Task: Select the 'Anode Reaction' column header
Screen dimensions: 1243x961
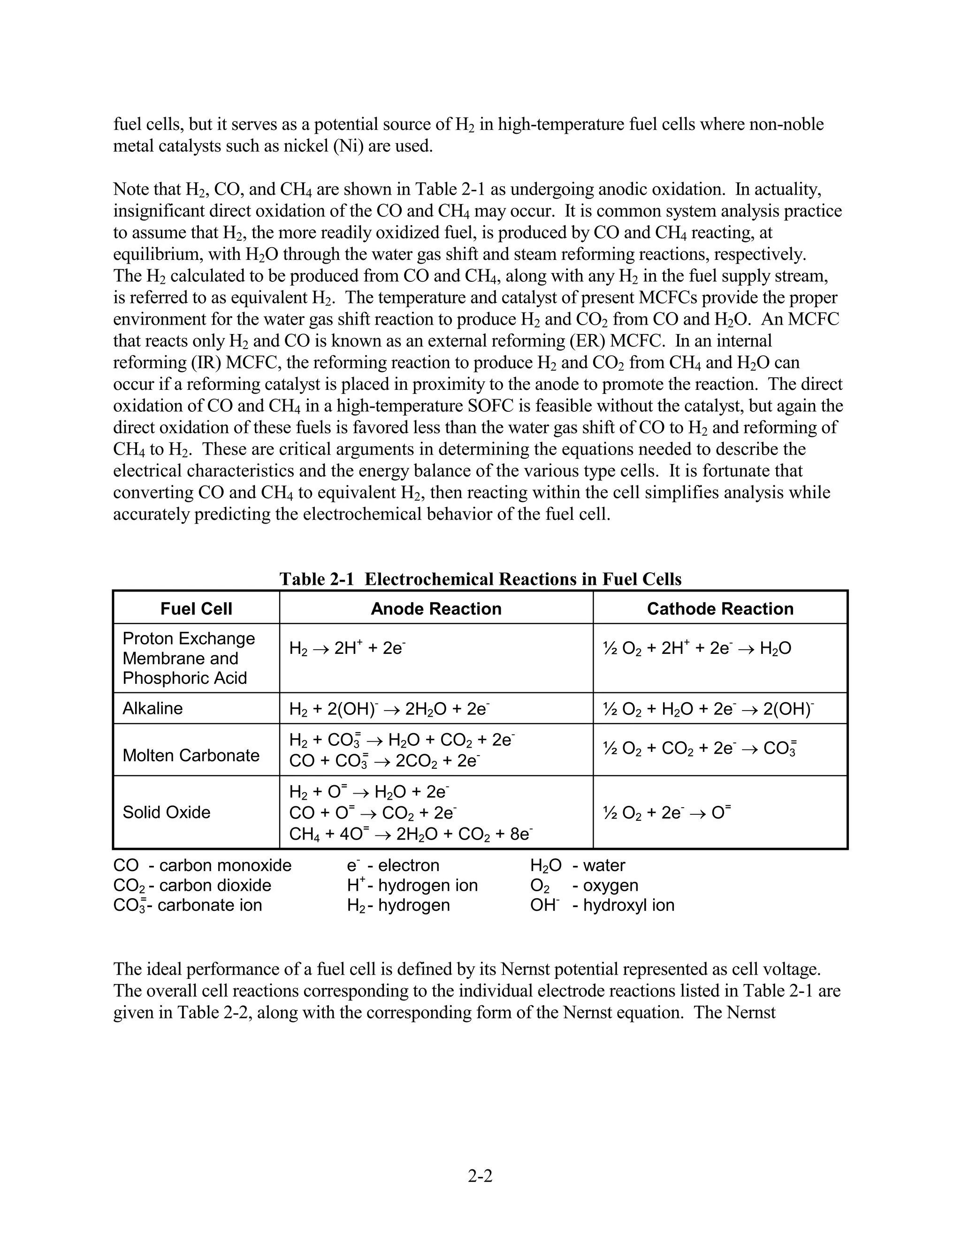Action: pyautogui.click(x=435, y=608)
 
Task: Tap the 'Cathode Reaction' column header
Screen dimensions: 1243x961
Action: pyautogui.click(x=720, y=608)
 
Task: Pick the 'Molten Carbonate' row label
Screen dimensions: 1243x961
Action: pyautogui.click(x=191, y=755)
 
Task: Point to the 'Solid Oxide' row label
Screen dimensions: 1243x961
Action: pyautogui.click(x=166, y=811)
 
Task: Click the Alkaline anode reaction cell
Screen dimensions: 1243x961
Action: pyautogui.click(x=389, y=709)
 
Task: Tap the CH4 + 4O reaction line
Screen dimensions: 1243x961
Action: pyautogui.click(x=411, y=834)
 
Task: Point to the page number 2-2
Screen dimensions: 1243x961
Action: pyautogui.click(x=480, y=1175)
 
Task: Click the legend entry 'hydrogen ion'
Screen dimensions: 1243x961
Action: pyautogui.click(x=427, y=885)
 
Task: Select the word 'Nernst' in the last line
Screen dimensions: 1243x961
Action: pyautogui.click(x=750, y=1013)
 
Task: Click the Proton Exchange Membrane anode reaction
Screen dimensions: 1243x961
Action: pyautogui.click(x=347, y=648)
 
